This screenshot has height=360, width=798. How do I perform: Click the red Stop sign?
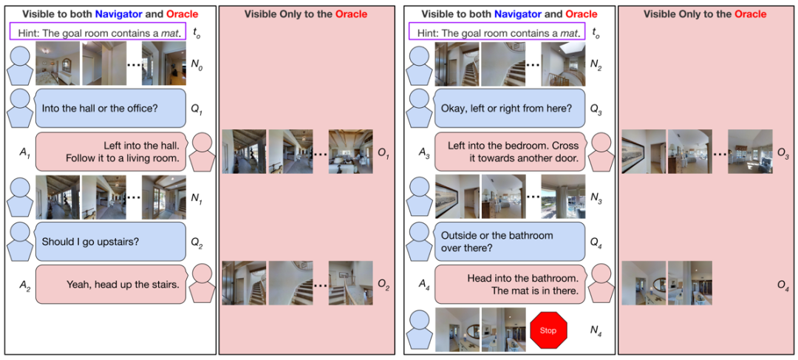tap(548, 330)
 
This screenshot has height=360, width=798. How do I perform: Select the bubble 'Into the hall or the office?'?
tap(110, 108)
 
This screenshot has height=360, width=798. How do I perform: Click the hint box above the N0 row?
tap(99, 33)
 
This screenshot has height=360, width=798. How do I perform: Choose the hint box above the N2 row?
tap(498, 33)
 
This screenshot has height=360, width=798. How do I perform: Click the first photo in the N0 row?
tap(58, 64)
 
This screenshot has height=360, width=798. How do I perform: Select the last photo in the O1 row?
tap(351, 152)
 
